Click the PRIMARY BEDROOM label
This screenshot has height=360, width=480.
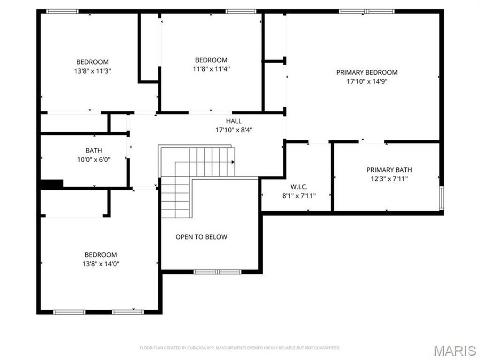click(366, 73)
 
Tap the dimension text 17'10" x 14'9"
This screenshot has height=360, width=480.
click(366, 82)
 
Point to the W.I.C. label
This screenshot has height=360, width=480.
click(299, 187)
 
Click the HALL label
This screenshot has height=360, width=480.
click(234, 121)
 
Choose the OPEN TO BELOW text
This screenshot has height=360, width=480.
click(201, 237)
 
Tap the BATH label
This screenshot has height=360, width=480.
click(93, 150)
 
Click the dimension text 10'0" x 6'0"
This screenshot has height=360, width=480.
click(93, 159)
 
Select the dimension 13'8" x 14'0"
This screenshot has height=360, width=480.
click(101, 263)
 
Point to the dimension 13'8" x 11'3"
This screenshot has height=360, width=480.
click(92, 70)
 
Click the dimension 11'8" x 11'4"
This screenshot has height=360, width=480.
click(211, 69)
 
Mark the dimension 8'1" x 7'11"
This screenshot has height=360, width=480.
click(299, 196)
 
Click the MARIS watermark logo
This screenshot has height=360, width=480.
click(454, 350)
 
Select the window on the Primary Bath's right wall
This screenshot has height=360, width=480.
click(441, 198)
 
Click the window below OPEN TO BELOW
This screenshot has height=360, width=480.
click(210, 272)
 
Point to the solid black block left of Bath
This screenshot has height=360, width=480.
click(52, 183)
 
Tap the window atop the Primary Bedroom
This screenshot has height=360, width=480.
click(367, 11)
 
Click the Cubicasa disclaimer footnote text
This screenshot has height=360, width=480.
click(240, 348)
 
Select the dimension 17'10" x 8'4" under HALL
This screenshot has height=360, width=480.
click(234, 130)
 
